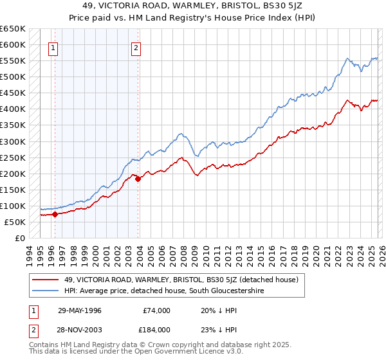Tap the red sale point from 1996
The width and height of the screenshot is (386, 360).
(55, 214)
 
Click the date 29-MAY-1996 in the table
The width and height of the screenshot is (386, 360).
(80, 310)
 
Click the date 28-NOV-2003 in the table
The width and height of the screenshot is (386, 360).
(80, 330)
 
